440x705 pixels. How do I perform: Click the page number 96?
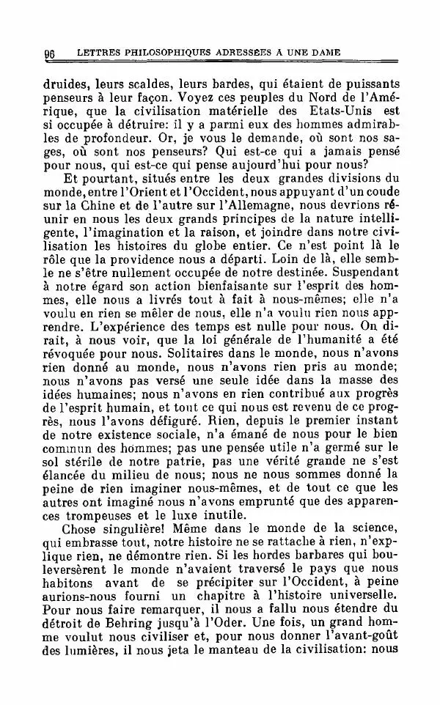(x=51, y=53)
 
